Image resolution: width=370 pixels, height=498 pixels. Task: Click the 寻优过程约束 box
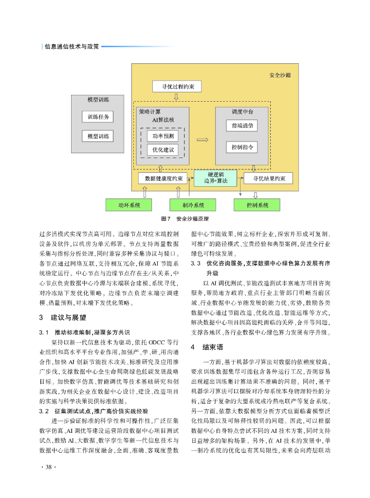tap(176, 87)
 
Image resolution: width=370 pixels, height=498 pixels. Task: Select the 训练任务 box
tap(98, 117)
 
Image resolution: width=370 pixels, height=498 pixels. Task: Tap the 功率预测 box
tap(163, 136)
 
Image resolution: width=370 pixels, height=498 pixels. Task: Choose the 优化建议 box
tap(163, 150)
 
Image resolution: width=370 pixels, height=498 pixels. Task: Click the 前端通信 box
tap(242, 125)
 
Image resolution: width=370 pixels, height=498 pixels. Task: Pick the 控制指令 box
tap(242, 146)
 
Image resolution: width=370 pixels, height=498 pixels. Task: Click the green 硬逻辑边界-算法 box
tap(215, 178)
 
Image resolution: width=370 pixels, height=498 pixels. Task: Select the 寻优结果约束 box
tap(269, 178)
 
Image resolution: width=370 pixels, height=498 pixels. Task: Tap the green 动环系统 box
tap(129, 205)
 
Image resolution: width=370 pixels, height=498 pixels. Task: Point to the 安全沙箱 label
tap(280, 76)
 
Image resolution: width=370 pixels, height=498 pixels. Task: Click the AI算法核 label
tap(163, 119)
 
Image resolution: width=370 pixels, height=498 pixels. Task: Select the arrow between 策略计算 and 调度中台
tap(202, 141)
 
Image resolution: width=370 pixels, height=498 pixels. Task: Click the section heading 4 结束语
tap(207, 347)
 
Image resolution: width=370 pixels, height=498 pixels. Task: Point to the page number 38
tap(48, 467)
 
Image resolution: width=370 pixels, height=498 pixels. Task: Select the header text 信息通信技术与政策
tap(72, 47)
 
